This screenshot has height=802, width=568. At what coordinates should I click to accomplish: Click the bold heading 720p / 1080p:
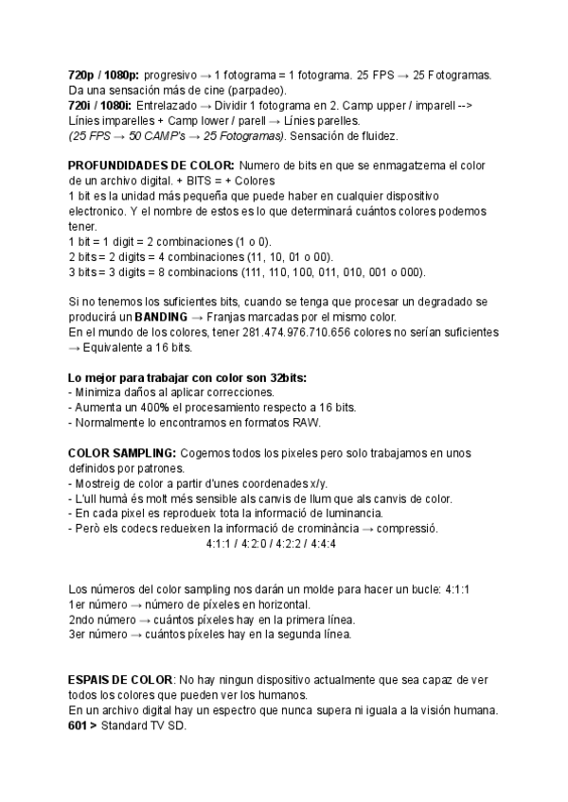point(104,75)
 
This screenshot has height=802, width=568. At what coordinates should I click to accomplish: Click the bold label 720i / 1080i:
point(100,106)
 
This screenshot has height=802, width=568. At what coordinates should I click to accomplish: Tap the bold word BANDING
point(161,317)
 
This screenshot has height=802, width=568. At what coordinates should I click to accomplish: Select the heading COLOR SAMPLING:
point(121,453)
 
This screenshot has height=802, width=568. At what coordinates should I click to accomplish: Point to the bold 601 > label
point(83,725)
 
